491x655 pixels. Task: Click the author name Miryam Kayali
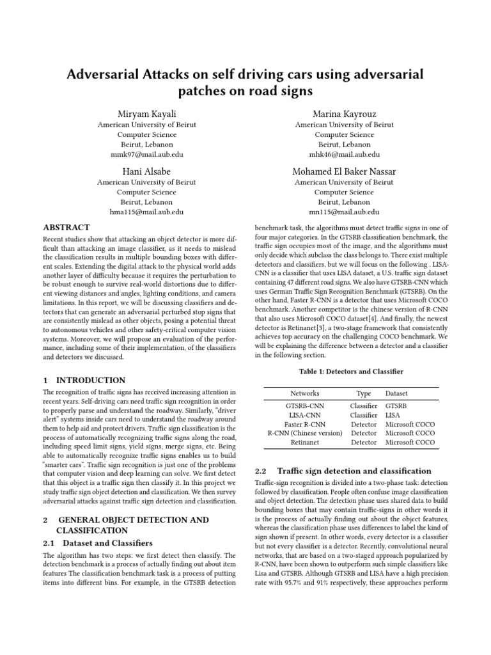coord(146,113)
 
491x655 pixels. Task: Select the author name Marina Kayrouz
coord(344,113)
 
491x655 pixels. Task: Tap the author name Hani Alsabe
coord(146,171)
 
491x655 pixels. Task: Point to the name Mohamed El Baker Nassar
coord(344,171)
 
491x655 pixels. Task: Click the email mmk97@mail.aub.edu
coord(146,154)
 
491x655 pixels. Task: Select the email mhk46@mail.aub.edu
coord(344,154)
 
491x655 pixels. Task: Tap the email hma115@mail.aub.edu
coord(146,212)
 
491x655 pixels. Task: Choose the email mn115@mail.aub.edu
coord(344,212)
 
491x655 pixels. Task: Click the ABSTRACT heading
coord(66,228)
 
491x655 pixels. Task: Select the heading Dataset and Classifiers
coord(107,543)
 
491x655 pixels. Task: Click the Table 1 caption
coord(351,372)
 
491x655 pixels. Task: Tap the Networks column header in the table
coord(304,393)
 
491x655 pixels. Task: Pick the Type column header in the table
coord(364,393)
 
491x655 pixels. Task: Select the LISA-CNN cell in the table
coord(304,415)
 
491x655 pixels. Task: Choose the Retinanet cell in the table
coord(304,442)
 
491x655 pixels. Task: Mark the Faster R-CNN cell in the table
coord(304,424)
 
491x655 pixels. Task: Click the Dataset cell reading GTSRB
coord(396,406)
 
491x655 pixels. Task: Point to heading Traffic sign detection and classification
coord(354,471)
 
